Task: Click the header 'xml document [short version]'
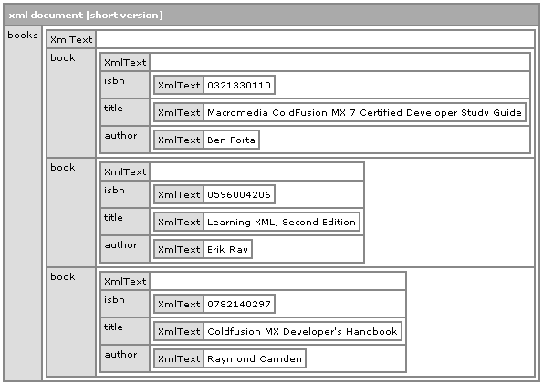coord(86,16)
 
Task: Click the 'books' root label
coord(23,35)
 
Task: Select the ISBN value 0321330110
coord(239,85)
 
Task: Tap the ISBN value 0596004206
coord(239,194)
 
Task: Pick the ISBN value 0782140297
coord(239,304)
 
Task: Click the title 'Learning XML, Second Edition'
coord(281,222)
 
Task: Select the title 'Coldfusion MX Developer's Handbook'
coord(302,331)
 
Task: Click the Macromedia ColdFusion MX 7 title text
coord(364,112)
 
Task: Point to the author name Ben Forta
coord(231,140)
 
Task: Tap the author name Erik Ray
coord(227,249)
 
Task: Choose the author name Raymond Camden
coord(255,358)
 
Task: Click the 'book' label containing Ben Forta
coord(62,57)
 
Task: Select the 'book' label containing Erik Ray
coord(62,167)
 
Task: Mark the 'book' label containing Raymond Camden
coord(62,276)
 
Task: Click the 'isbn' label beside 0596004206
coord(114,190)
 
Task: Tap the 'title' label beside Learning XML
coord(113,217)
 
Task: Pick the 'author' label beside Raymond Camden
coord(120,354)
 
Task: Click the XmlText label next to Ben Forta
coord(179,140)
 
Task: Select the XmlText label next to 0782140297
coord(179,304)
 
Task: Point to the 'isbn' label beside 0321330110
coord(114,80)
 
